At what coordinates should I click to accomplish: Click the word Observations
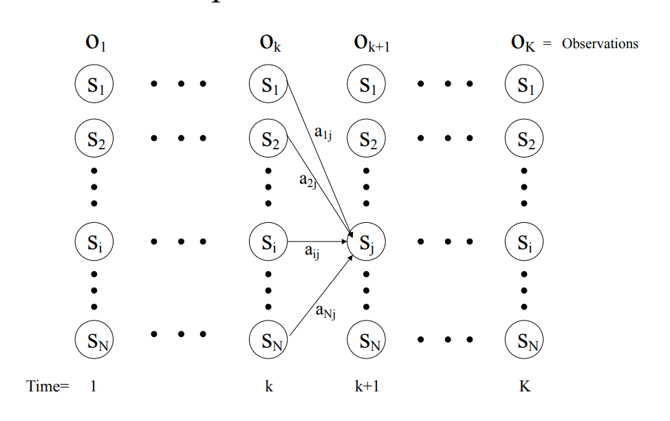(x=600, y=44)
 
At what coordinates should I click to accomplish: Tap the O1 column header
(x=95, y=43)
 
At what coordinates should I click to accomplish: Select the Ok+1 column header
(x=373, y=44)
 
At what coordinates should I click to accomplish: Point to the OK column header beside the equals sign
(x=523, y=43)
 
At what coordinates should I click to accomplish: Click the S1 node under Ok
(x=268, y=85)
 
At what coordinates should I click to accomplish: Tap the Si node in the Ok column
(x=268, y=242)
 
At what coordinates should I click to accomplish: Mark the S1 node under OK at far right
(x=524, y=85)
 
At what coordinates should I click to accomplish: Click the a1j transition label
(x=323, y=133)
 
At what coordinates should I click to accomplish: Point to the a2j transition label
(x=307, y=180)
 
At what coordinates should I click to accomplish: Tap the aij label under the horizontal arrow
(x=313, y=253)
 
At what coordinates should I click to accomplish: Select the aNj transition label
(x=325, y=312)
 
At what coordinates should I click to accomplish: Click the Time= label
(x=48, y=387)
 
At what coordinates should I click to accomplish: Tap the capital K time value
(x=525, y=387)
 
